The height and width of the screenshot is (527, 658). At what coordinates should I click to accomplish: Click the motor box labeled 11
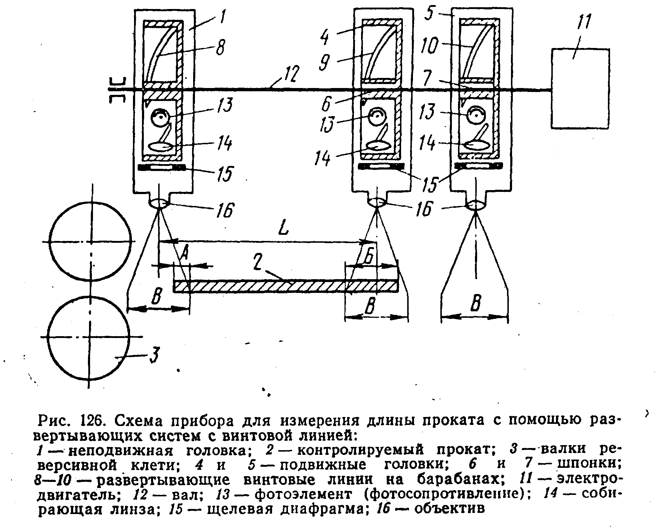580,88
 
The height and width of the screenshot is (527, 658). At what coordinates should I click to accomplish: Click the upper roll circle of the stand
90,242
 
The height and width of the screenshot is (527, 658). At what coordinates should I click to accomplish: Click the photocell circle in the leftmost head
159,117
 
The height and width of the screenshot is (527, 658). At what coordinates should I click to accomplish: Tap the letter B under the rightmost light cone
475,304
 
